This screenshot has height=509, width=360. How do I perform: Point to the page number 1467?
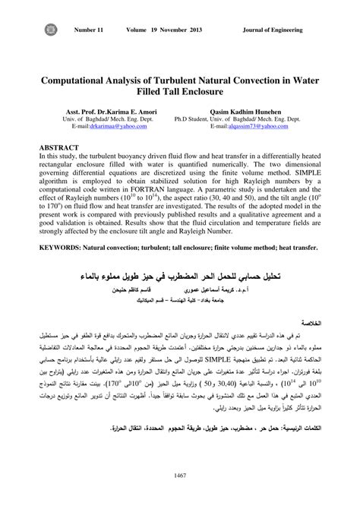(x=180, y=476)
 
